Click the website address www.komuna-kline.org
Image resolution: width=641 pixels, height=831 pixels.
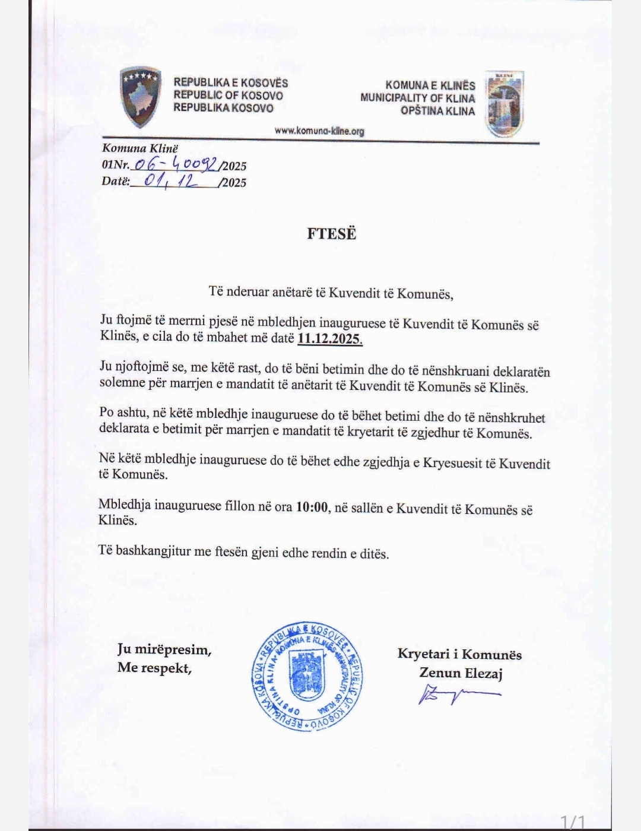click(319, 131)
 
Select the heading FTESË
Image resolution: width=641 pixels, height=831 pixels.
click(331, 233)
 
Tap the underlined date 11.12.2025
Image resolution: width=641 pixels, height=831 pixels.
click(330, 339)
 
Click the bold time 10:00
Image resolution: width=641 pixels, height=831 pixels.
click(312, 508)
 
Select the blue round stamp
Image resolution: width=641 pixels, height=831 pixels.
click(307, 677)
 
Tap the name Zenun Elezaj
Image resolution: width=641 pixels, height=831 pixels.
click(461, 673)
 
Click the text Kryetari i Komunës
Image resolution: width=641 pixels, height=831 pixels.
click(459, 654)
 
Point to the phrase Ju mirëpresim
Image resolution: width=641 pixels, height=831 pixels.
click(164, 649)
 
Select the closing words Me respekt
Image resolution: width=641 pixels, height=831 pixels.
click(154, 667)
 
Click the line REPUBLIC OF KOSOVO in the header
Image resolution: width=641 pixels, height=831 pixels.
click(228, 96)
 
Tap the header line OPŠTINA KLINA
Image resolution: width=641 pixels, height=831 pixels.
click(437, 111)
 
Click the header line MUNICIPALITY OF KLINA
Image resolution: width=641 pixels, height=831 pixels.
click(417, 98)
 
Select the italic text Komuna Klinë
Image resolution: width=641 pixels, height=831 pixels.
click(139, 148)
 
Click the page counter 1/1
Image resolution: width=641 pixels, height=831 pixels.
click(573, 822)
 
